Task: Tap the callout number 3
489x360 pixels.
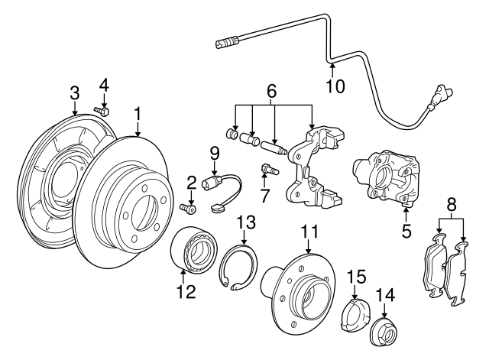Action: tap(75, 92)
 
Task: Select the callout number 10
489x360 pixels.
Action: tap(333, 86)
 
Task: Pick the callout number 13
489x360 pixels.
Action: tap(244, 222)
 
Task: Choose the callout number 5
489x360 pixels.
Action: tap(406, 228)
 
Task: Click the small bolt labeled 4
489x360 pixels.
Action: tap(102, 112)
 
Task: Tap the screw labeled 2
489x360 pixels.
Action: tap(189, 207)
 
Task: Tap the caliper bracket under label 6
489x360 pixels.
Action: tap(313, 172)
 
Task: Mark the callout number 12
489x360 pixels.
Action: tap(186, 291)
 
